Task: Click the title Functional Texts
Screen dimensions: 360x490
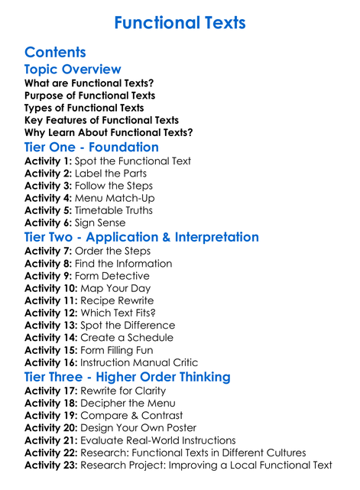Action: pos(180,23)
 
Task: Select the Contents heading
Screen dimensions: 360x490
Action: pos(55,53)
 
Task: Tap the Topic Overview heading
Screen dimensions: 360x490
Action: pos(73,70)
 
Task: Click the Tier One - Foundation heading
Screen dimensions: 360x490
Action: pos(92,147)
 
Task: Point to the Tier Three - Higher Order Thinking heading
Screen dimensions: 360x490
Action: pos(127,377)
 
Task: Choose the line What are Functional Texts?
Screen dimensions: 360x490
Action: pos(89,83)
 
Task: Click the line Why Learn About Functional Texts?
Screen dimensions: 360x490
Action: pos(109,132)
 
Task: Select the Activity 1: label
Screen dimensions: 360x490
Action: pos(47,161)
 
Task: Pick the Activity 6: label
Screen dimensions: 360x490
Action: pos(47,222)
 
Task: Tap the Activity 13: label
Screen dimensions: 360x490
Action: pos(50,325)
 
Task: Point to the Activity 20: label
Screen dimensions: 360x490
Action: pos(50,428)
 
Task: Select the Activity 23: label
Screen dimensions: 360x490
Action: pos(50,465)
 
